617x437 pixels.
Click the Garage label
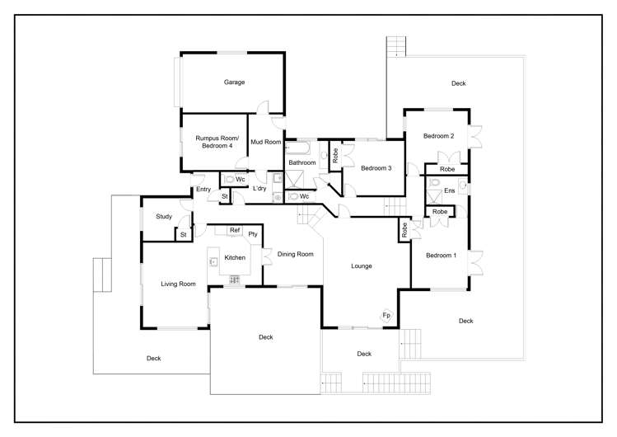click(235, 82)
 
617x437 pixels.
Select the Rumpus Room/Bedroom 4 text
click(217, 142)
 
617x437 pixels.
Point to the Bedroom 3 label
click(376, 168)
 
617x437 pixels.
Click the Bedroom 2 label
click(439, 136)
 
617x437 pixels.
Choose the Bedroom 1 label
click(441, 256)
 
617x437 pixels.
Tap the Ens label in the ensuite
click(449, 191)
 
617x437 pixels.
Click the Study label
click(162, 217)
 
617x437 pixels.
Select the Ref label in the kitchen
click(235, 230)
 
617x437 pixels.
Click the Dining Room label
click(295, 255)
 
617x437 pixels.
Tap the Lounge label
click(362, 266)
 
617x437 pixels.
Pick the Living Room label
click(178, 284)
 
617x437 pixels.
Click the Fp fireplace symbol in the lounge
click(386, 316)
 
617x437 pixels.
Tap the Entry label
click(203, 190)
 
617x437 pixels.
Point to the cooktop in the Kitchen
click(234, 280)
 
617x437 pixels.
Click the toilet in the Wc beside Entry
click(228, 179)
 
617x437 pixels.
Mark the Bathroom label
click(301, 163)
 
